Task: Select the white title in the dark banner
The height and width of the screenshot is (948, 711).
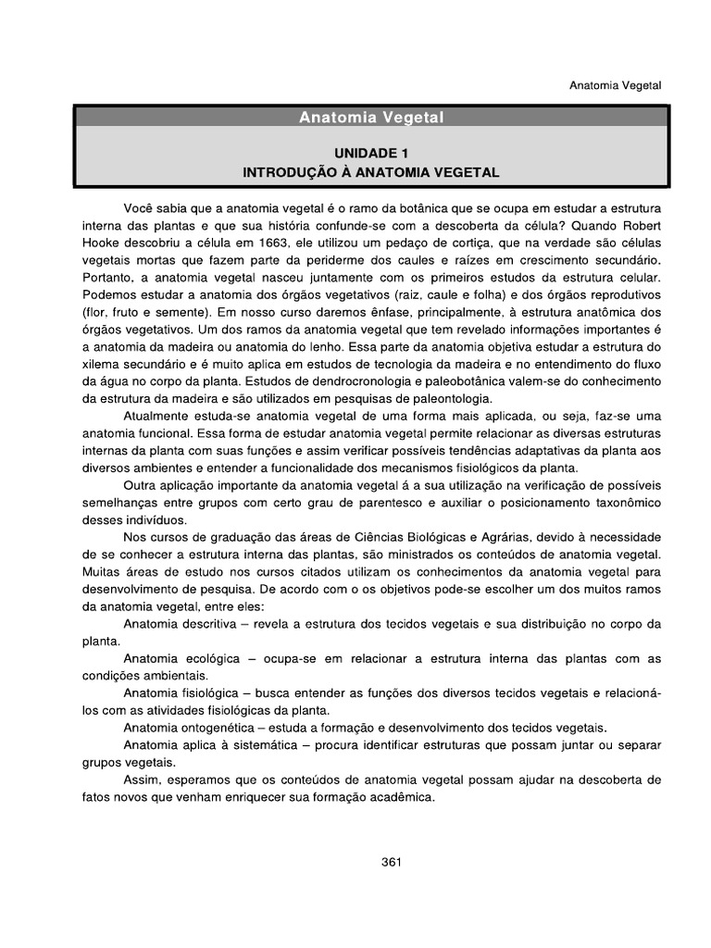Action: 370,118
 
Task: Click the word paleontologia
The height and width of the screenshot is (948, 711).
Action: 450,398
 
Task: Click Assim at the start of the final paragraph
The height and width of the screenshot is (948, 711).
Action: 141,780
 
